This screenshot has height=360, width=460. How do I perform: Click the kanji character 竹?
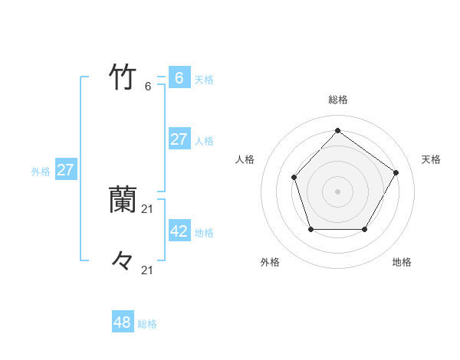point(123,77)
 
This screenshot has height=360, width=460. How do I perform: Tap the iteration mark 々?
point(123,260)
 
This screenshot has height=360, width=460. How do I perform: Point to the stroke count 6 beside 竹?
point(148,87)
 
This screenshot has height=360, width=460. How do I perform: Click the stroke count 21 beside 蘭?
point(148,208)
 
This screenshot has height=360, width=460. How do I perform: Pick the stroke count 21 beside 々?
point(148,270)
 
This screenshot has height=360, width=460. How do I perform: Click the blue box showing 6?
point(179,77)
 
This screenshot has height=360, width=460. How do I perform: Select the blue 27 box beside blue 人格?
point(179,139)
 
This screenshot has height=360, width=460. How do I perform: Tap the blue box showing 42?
point(179,231)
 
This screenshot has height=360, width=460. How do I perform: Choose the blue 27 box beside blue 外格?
point(66,170)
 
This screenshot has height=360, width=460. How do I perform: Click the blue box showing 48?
point(123,322)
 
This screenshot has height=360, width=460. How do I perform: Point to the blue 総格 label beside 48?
point(147,324)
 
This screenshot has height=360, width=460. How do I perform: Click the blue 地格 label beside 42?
point(204,233)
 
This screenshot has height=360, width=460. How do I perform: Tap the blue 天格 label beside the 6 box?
point(204,80)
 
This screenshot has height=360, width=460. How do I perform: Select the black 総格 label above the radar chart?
point(337,100)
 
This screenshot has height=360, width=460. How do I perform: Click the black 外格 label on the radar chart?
point(270,262)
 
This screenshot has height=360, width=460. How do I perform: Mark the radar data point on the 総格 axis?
point(337,130)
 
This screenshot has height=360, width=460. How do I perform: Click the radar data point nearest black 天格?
point(396,172)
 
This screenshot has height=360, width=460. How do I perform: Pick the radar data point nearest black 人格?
point(294,178)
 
